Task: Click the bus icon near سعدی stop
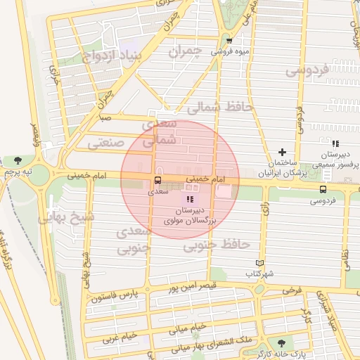point(156,180)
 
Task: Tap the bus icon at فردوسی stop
point(323,188)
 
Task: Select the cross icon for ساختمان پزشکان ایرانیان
point(283,152)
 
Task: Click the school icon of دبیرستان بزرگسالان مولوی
point(190,200)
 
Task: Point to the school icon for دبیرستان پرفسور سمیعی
point(335,143)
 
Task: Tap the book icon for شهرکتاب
point(260,263)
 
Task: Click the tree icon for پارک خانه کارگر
point(282,344)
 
